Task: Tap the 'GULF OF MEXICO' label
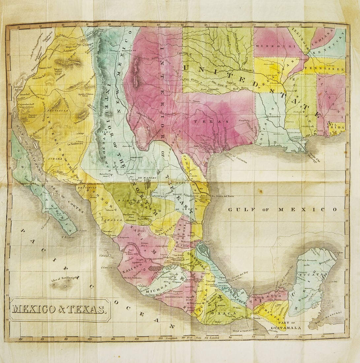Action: (x=282, y=210)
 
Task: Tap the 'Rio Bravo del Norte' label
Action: (x=222, y=196)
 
